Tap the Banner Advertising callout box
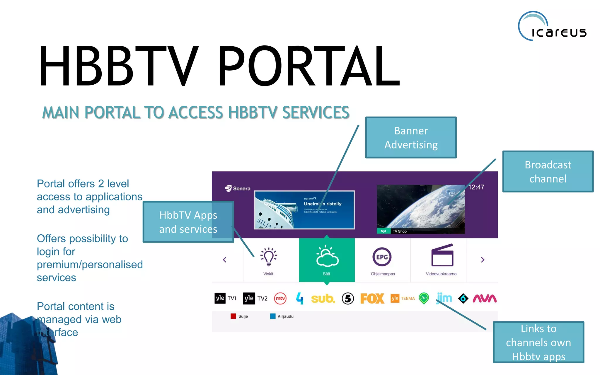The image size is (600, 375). (411, 137)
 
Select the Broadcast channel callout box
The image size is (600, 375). (548, 171)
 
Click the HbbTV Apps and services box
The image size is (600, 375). (188, 222)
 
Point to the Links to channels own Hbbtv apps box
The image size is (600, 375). (538, 342)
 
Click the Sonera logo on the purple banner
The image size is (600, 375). (238, 188)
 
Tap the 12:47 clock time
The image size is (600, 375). (476, 187)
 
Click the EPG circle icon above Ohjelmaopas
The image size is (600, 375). (382, 257)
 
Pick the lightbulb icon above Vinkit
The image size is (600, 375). (268, 257)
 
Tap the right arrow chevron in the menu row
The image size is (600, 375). (483, 260)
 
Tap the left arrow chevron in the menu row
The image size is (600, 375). (225, 260)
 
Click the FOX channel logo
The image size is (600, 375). (372, 299)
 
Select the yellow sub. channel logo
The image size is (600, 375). (323, 299)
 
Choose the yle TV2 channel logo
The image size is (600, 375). (255, 298)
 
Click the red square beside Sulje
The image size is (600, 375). (233, 316)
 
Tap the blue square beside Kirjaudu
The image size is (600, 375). (273, 316)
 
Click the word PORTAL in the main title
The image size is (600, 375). (308, 66)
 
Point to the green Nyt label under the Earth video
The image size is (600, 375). (383, 231)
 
